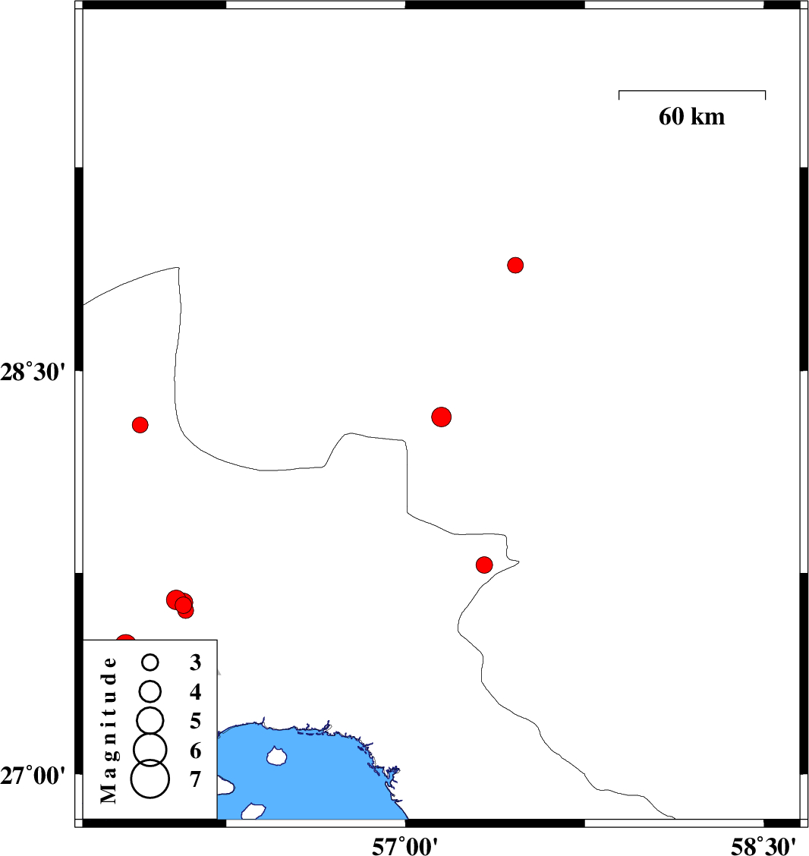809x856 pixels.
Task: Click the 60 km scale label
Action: [x=691, y=116]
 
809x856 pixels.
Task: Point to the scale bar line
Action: [x=692, y=91]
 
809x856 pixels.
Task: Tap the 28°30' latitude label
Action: [x=33, y=373]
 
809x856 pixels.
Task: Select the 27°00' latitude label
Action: [x=33, y=776]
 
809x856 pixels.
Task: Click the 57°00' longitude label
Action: [x=404, y=846]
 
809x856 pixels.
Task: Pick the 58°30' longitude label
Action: [x=763, y=846]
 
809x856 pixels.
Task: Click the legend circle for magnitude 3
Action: [x=150, y=662]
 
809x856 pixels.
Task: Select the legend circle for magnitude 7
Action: [x=150, y=779]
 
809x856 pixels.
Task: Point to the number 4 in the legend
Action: [x=196, y=691]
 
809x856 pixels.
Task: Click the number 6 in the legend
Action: [x=196, y=751]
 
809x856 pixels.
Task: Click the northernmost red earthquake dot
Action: [x=515, y=266]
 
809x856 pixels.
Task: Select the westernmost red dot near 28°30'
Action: [x=140, y=425]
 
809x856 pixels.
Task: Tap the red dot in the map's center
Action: [x=441, y=417]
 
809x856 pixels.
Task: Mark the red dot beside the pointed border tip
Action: [x=484, y=565]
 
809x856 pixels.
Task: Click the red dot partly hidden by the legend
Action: [x=125, y=640]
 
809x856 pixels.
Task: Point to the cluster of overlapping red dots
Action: [x=180, y=604]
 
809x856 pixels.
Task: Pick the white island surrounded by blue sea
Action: [x=277, y=756]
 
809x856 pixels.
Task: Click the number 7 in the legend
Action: [x=196, y=779]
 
